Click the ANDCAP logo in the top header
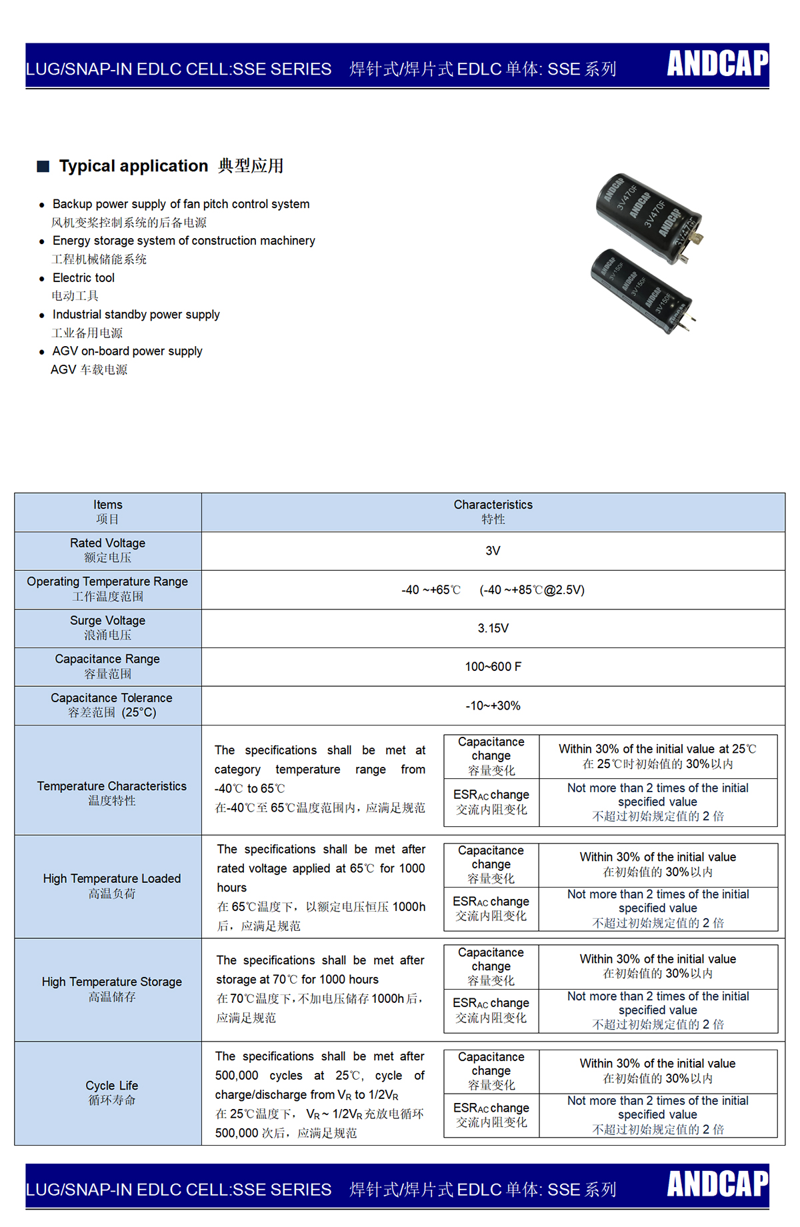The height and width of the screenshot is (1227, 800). [717, 64]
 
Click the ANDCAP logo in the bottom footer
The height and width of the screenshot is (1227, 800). [717, 1184]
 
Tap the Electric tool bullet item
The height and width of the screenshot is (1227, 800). [83, 277]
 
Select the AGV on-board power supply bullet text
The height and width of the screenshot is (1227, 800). [127, 351]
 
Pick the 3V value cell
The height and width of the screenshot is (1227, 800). [493, 551]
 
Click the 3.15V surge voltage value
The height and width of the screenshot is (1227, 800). [493, 628]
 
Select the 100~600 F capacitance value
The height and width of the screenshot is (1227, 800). [493, 667]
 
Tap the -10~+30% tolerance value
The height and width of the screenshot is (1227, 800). [493, 706]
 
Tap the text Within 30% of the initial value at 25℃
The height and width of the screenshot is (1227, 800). [657, 750]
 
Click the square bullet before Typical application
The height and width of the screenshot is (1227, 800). [43, 166]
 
